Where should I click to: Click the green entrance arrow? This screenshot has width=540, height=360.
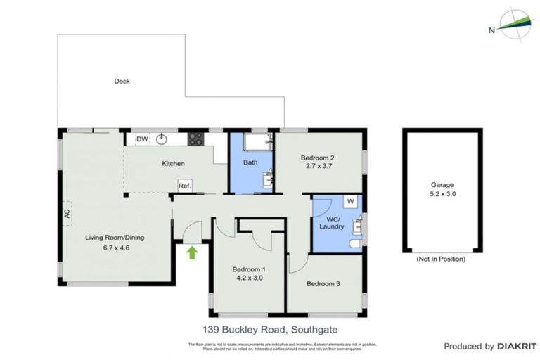[192, 252]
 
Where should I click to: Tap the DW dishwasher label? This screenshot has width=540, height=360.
[142, 139]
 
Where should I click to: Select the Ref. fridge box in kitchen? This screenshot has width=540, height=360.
[185, 186]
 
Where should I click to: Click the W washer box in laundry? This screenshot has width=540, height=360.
[349, 202]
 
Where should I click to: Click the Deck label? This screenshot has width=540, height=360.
[122, 82]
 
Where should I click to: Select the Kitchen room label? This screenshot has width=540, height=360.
[173, 164]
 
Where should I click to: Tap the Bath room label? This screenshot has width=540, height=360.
[250, 163]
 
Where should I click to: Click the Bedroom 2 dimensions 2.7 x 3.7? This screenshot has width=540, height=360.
[317, 167]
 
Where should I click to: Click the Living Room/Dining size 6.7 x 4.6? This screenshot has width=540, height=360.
[108, 247]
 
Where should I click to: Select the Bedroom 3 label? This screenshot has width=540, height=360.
[323, 284]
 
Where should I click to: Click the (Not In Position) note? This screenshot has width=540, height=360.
[441, 259]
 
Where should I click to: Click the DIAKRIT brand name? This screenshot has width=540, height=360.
[517, 346]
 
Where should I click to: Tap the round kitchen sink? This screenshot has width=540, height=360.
[162, 139]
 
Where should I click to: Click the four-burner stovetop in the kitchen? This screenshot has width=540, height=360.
[195, 139]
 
